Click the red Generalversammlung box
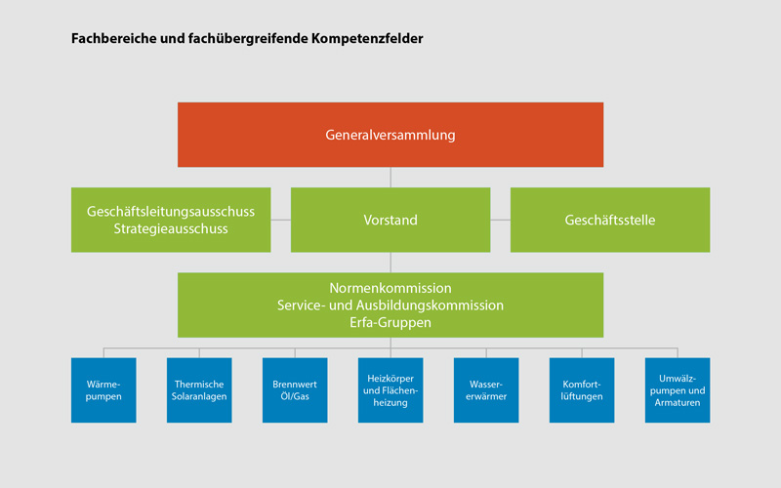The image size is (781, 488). pyautogui.click(x=390, y=135)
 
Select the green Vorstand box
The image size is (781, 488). pyautogui.click(x=390, y=220)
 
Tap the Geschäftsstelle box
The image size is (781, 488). pyautogui.click(x=610, y=220)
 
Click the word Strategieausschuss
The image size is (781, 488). pyautogui.click(x=171, y=228)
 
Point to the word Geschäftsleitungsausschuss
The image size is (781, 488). pyautogui.click(x=171, y=211)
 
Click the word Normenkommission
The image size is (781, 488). pyautogui.click(x=390, y=288)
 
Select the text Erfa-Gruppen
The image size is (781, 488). pyautogui.click(x=390, y=322)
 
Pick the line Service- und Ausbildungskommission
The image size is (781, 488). pyautogui.click(x=390, y=305)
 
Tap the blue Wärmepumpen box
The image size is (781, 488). pyautogui.click(x=103, y=389)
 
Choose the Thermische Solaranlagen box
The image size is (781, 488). pyautogui.click(x=199, y=389)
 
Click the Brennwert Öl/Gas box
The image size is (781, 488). pyautogui.click(x=295, y=389)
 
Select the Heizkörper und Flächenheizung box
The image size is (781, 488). pyautogui.click(x=390, y=389)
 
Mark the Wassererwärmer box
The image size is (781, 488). pyautogui.click(x=486, y=389)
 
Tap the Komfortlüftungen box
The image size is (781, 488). pyautogui.click(x=582, y=389)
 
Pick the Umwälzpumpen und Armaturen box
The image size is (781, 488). pyautogui.click(x=678, y=389)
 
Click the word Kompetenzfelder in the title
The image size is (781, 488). pyautogui.click(x=367, y=38)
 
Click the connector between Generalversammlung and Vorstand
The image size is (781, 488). pyautogui.click(x=390, y=178)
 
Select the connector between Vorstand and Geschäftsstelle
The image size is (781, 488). pyautogui.click(x=500, y=220)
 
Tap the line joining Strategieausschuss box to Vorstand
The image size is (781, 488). pyautogui.click(x=281, y=220)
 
